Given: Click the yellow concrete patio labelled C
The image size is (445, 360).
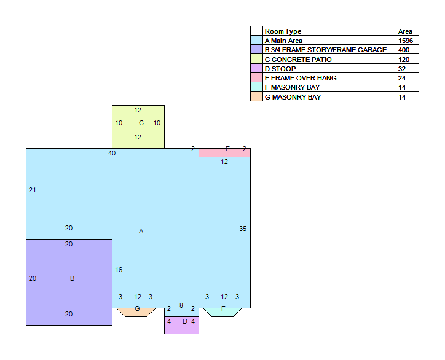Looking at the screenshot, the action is (138, 127).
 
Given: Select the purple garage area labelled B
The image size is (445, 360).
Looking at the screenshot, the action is (69, 282).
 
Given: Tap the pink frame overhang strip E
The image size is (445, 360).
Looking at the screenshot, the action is (224, 152).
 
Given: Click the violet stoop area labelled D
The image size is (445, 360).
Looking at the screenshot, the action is (182, 325).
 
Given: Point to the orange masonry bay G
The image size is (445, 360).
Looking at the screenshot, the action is (136, 312).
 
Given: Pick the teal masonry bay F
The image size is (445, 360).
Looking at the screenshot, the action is (222, 312).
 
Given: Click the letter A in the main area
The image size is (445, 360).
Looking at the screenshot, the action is (141, 231).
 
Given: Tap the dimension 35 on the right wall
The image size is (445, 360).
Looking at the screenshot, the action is (243, 229).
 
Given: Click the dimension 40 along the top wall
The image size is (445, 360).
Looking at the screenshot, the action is (112, 153).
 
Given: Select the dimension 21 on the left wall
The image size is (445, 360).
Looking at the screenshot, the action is (33, 190).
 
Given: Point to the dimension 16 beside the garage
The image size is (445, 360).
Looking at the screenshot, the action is (119, 270).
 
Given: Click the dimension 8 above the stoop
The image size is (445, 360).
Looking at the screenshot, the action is (181, 305).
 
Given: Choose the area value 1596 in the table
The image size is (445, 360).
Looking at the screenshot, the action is (406, 41).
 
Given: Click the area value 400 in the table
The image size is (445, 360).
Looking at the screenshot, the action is (404, 50).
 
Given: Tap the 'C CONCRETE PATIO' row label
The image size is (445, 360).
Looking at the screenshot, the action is (298, 60).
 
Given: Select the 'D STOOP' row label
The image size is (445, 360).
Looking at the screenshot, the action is (280, 69).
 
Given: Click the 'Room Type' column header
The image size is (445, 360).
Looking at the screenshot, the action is (283, 31).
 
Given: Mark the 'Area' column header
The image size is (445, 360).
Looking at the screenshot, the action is (405, 31).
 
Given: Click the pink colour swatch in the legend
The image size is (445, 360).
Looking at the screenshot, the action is (256, 78).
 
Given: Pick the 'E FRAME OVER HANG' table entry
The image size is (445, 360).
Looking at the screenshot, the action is (301, 78).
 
